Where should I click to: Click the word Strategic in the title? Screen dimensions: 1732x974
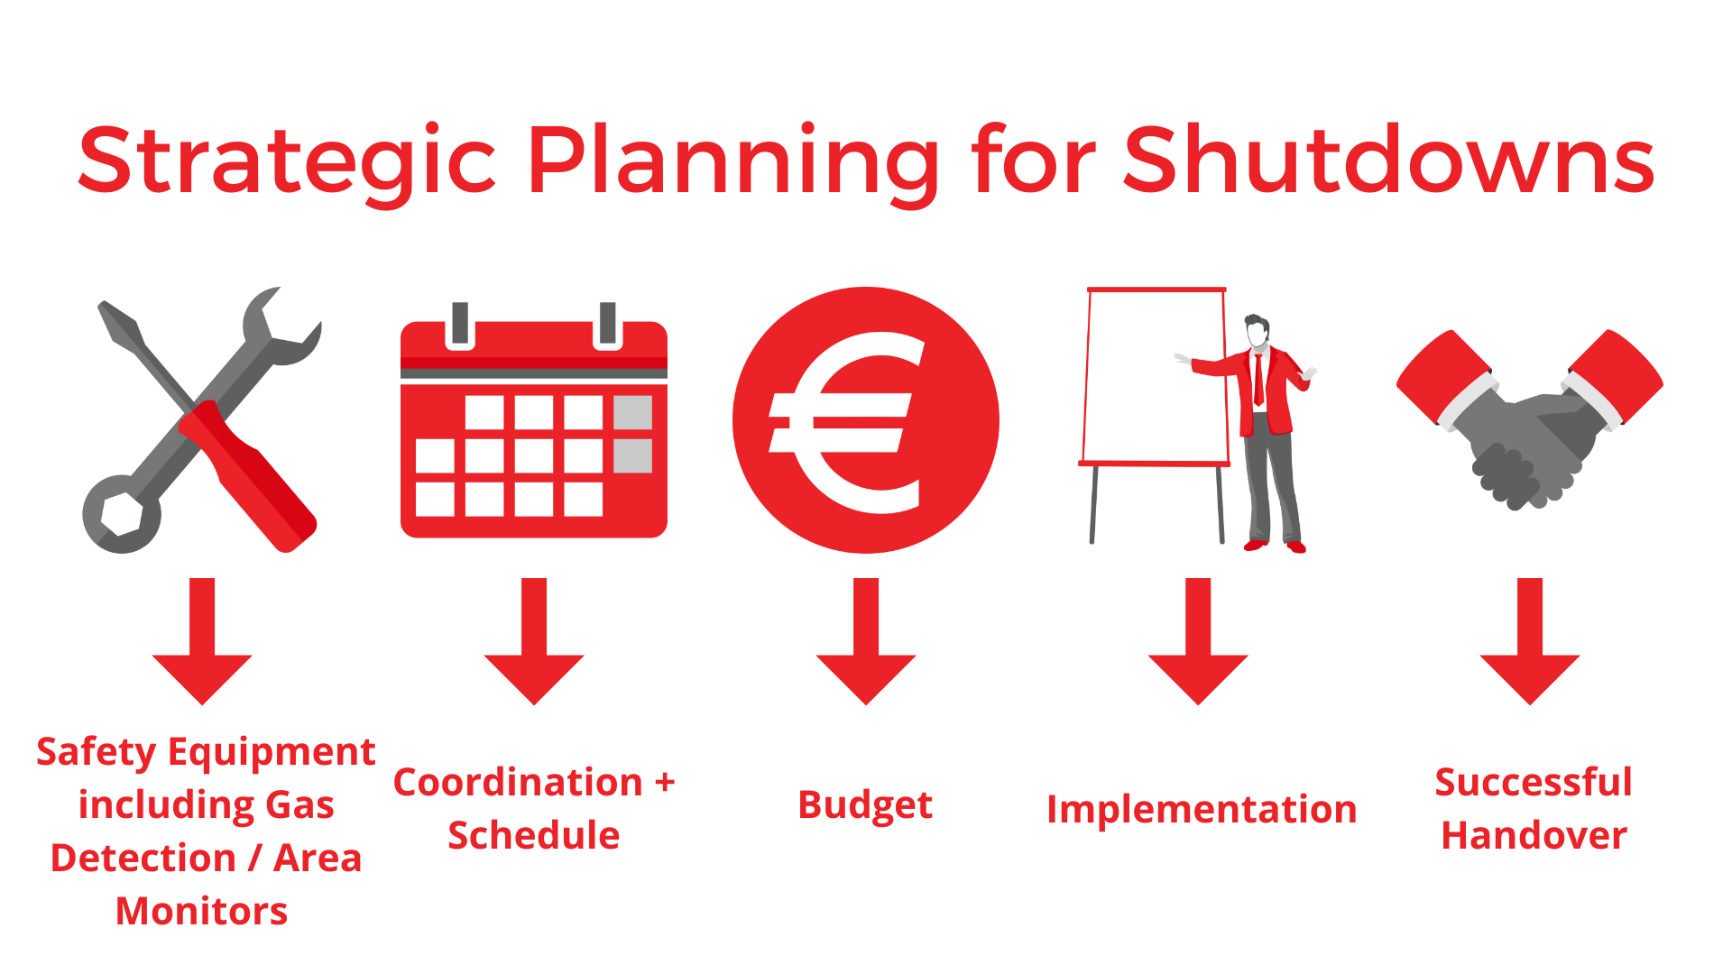click(287, 162)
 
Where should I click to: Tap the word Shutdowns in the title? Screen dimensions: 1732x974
click(1388, 161)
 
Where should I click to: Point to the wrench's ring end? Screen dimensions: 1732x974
click(122, 514)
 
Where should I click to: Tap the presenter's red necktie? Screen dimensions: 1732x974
click(1258, 379)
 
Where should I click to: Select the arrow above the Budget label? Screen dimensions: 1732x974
click(866, 641)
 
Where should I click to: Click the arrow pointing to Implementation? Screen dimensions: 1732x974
click(1198, 641)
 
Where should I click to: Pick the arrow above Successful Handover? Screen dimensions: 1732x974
click(1530, 641)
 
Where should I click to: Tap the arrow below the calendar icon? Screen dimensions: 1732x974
click(534, 641)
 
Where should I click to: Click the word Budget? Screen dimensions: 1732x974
click(865, 805)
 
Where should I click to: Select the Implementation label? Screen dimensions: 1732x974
click(1202, 810)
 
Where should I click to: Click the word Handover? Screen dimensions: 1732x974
click(1534, 835)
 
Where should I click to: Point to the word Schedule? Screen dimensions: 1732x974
click(534, 835)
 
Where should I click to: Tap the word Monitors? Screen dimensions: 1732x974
click(202, 911)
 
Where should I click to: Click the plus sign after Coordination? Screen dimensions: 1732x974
click(665, 783)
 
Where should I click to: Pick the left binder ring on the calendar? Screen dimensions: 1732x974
click(460, 324)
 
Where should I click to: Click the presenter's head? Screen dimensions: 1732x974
click(1257, 330)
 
